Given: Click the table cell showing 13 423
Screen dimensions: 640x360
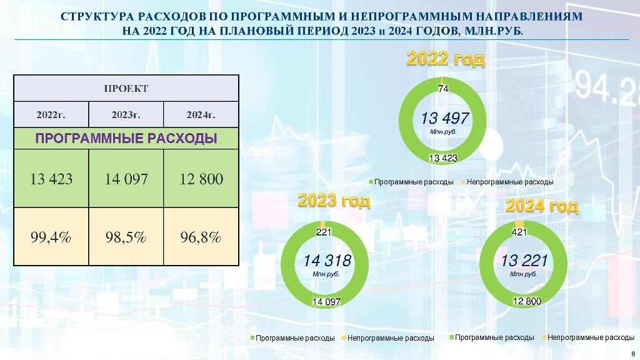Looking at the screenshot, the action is [x=51, y=178].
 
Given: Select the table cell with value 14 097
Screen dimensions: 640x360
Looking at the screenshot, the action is [x=126, y=178].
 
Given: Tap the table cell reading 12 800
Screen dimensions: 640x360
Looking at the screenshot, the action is [x=201, y=178].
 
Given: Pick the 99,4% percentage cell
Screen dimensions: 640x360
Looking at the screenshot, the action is [x=51, y=237].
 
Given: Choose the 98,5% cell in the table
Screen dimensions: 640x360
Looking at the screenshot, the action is [x=126, y=237].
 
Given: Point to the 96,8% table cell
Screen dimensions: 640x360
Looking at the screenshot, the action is [x=201, y=237].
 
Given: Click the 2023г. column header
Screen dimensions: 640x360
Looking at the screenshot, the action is [x=126, y=115].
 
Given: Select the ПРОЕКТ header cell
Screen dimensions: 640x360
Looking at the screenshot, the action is [x=126, y=88].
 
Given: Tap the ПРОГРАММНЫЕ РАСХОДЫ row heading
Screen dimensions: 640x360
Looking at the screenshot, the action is [x=126, y=138].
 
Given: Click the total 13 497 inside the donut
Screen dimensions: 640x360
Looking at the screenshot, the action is [x=445, y=118].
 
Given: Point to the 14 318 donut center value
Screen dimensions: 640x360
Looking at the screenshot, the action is [x=327, y=261].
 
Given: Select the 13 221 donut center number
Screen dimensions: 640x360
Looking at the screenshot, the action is [x=524, y=261].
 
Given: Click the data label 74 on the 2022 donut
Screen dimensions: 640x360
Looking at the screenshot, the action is [x=443, y=88].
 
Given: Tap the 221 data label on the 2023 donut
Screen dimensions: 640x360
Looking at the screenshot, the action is [x=324, y=232].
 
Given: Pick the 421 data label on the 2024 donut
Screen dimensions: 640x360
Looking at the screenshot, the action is [x=519, y=232].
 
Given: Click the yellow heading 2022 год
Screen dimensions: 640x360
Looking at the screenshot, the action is [x=446, y=59].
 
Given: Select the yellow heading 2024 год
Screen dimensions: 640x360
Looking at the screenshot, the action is [x=542, y=206].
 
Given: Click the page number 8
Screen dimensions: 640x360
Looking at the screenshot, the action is [x=633, y=354].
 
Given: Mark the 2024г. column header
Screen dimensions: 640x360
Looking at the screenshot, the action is [x=201, y=115].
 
